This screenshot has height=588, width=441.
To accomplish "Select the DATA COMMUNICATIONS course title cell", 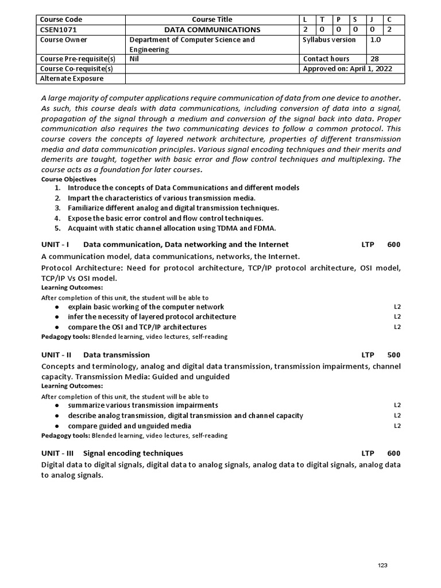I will (x=212, y=29).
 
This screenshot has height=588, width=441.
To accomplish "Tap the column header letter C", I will (x=389, y=20).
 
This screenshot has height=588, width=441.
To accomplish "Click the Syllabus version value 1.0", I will (x=376, y=40).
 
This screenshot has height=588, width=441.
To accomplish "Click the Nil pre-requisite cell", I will (x=134, y=59).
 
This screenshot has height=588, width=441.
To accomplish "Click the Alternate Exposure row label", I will (x=72, y=79).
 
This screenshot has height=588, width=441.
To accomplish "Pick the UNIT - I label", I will (x=55, y=245).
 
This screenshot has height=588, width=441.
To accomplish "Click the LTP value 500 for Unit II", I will (x=394, y=355).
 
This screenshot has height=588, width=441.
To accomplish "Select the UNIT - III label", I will (x=57, y=453).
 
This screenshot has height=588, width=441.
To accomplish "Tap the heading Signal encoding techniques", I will (x=133, y=453).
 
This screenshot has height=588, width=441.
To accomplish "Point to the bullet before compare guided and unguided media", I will (x=57, y=426).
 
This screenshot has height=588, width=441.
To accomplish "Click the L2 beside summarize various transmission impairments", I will (x=397, y=405).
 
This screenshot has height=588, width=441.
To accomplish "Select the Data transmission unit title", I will (x=117, y=355).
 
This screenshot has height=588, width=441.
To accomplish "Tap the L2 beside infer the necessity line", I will (x=397, y=317).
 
